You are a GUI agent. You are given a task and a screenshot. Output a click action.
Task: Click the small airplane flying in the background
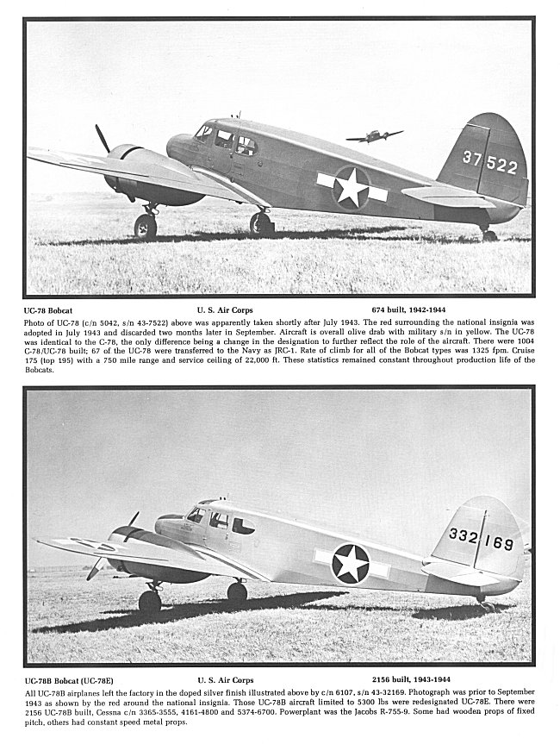[374, 135]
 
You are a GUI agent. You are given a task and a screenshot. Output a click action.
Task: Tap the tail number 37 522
[489, 162]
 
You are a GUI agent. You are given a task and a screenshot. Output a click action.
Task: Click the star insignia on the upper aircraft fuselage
[352, 187]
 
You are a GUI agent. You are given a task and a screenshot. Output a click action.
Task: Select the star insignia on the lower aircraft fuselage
[352, 563]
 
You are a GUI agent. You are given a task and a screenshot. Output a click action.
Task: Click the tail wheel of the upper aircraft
[488, 234]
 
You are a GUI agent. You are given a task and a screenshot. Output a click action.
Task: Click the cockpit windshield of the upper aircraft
[204, 132]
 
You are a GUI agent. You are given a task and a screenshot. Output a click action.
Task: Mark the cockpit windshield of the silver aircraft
[196, 515]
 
